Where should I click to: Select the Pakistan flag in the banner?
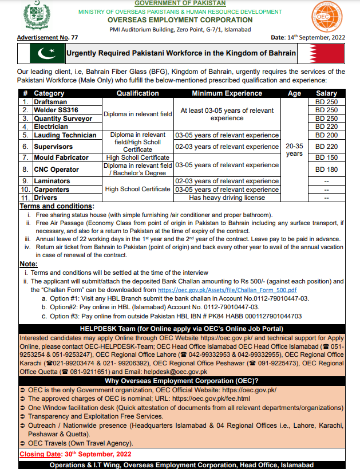click(47, 53)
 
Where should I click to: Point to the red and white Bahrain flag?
click(326, 53)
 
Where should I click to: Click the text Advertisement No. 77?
click(48, 37)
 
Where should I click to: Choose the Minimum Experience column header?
click(227, 93)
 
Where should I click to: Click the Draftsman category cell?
click(51, 101)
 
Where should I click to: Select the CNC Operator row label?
click(56, 170)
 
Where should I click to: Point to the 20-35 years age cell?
click(294, 150)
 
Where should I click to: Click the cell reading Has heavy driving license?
click(227, 198)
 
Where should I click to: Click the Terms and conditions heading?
click(57, 206)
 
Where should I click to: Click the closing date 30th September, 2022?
click(86, 454)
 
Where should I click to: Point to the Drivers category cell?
click(46, 198)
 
